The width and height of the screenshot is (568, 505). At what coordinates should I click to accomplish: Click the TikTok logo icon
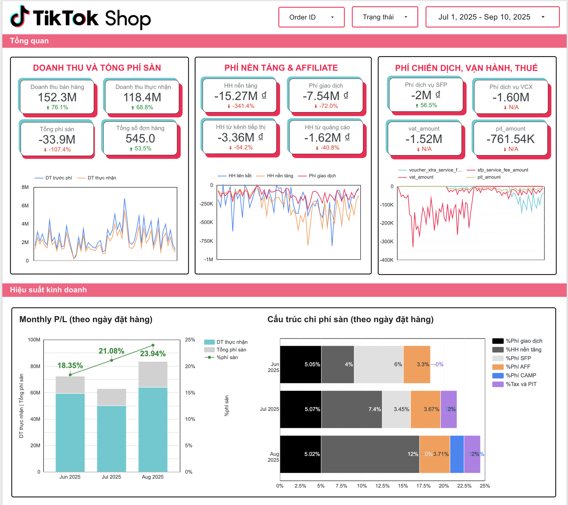pyautogui.click(x=20, y=17)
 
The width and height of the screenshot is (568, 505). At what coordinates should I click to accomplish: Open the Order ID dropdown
pyautogui.click(x=311, y=17)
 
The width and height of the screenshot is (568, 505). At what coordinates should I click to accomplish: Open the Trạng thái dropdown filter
pyautogui.click(x=385, y=17)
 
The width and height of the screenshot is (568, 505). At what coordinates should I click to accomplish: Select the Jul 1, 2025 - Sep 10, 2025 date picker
pyautogui.click(x=492, y=17)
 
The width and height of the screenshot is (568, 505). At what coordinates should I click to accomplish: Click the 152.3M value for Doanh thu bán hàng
pyautogui.click(x=57, y=97)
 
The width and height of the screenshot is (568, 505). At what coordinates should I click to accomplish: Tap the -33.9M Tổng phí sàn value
pyautogui.click(x=57, y=139)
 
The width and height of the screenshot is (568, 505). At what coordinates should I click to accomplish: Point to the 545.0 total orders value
pyautogui.click(x=140, y=139)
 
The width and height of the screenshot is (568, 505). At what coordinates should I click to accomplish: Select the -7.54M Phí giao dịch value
pyautogui.click(x=325, y=96)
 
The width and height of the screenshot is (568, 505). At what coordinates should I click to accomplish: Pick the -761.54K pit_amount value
pyautogui.click(x=511, y=139)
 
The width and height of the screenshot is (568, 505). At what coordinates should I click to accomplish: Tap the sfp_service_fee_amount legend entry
pyautogui.click(x=502, y=170)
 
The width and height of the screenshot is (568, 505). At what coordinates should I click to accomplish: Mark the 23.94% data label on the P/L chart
pyautogui.click(x=153, y=354)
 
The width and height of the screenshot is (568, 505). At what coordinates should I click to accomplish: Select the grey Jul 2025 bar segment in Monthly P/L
pyautogui.click(x=112, y=397)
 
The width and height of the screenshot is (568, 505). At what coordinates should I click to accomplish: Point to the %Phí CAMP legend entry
pyautogui.click(x=521, y=376)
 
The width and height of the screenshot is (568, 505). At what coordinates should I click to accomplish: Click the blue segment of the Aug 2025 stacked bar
pyautogui.click(x=457, y=454)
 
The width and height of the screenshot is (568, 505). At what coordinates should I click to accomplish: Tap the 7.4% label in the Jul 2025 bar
pyautogui.click(x=375, y=409)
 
